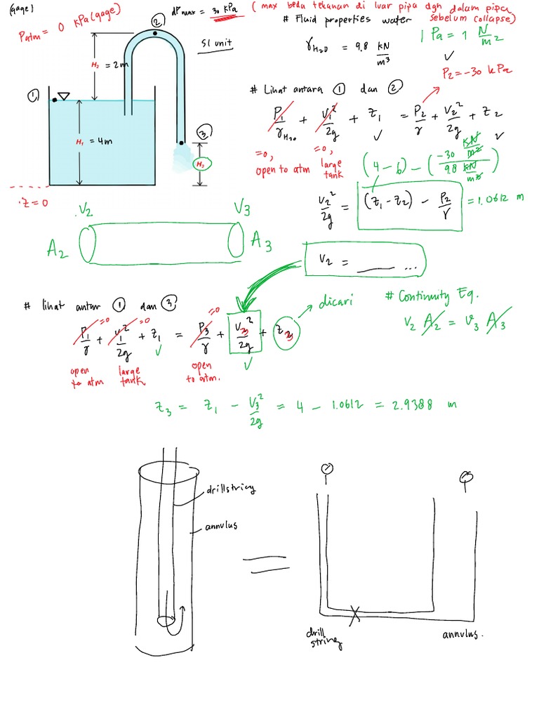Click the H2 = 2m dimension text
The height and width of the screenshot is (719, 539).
[x=109, y=65]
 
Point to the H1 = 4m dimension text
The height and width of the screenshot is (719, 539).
[x=94, y=142]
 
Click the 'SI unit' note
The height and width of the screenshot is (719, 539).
[x=216, y=44]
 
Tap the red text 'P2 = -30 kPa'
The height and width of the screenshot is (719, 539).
[x=475, y=72]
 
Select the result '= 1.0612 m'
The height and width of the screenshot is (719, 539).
[x=499, y=197]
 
